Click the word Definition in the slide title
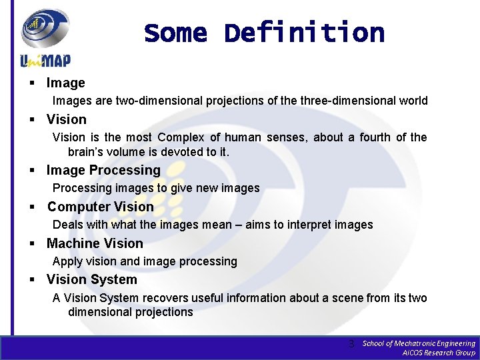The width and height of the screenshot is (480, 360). coord(304,32)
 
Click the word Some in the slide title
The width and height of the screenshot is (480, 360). coord(176,32)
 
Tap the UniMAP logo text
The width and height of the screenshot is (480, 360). coord(45,61)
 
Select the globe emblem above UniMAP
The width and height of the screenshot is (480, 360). coord(45,28)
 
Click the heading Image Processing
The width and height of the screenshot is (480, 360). coord(103,170)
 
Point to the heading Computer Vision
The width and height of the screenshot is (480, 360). coord(100,207)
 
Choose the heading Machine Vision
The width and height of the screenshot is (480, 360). coord(95,243)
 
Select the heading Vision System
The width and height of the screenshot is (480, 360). coord(91,279)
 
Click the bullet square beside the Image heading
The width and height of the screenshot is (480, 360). coord(31,83)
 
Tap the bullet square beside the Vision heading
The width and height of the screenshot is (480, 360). coord(31,120)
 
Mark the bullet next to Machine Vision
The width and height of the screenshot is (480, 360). coord(31,244)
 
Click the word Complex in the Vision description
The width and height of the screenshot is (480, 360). coord(181,137)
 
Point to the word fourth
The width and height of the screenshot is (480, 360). coord(376,137)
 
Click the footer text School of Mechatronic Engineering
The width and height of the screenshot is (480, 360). coord(418,343)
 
